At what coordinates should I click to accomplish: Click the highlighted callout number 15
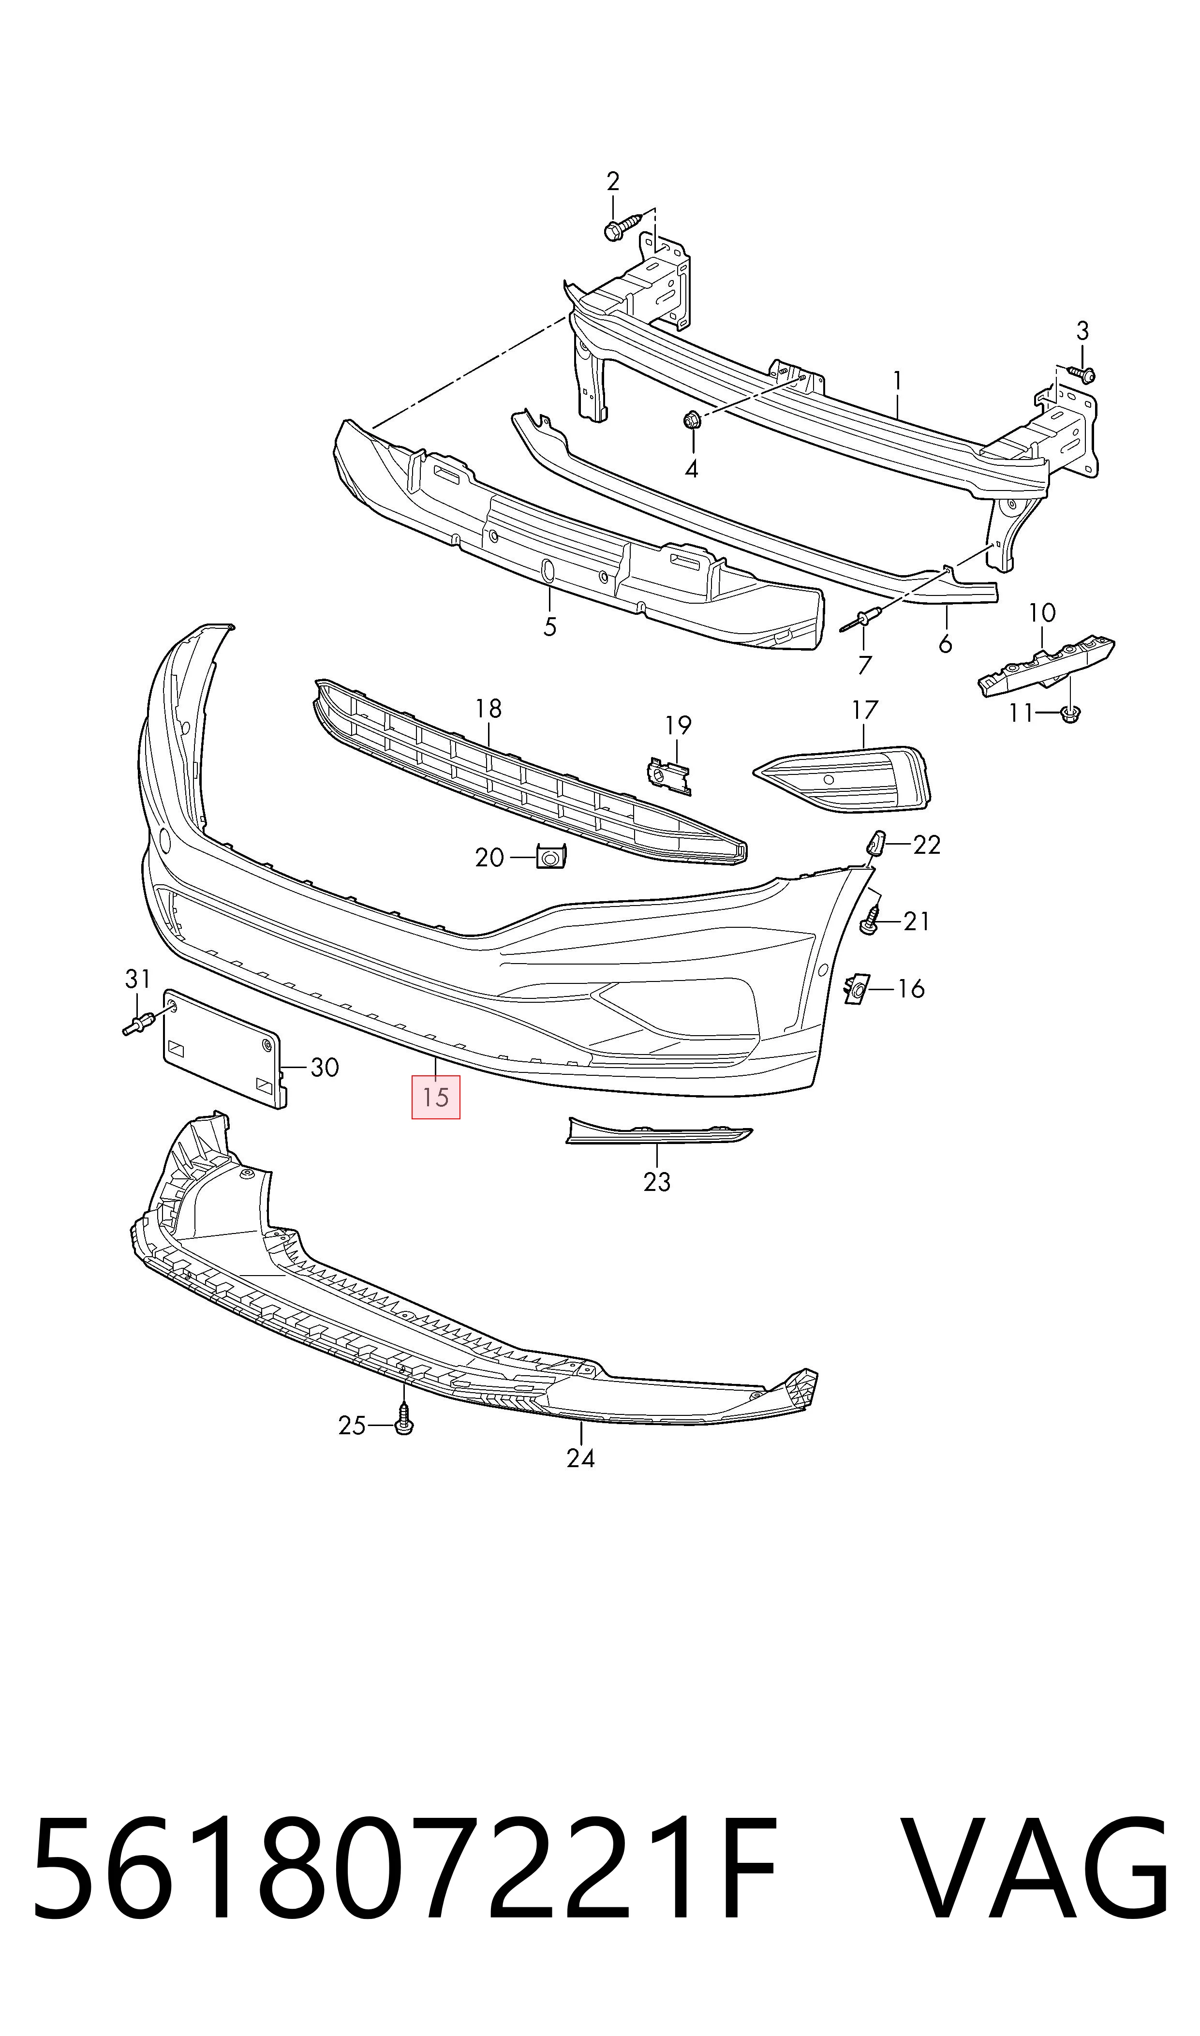click(435, 1097)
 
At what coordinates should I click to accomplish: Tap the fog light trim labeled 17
click(845, 776)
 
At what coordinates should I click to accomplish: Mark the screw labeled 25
click(403, 1425)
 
